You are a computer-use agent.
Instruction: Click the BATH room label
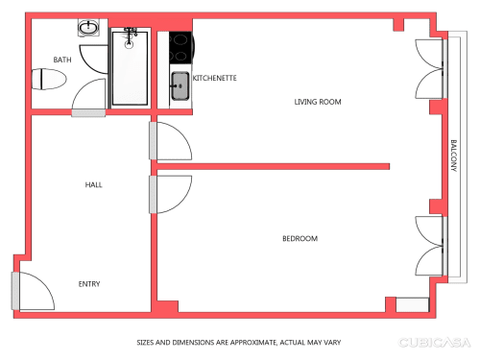(62, 60)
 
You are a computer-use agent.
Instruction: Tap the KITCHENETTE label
(215, 78)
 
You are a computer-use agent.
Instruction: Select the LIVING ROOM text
(318, 102)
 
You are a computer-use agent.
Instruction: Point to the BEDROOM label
(300, 238)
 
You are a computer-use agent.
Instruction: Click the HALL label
(94, 184)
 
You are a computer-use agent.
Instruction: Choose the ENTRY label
(89, 284)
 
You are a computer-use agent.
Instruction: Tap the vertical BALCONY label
(454, 156)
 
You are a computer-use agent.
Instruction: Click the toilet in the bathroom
(49, 79)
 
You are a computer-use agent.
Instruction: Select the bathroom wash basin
(88, 27)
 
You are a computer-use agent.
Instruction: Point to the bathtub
(130, 68)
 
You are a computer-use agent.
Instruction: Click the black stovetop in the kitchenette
(181, 47)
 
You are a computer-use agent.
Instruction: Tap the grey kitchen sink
(180, 85)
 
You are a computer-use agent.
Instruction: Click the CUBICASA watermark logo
(434, 343)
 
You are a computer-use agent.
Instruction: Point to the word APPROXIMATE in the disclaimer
(253, 343)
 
